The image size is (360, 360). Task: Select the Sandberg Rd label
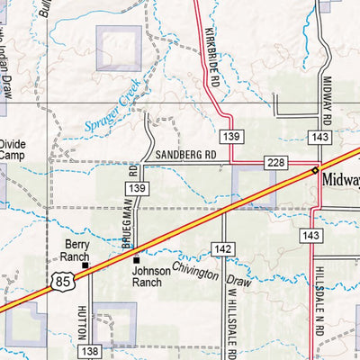[x=186, y=154]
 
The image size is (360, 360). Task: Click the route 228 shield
[x=275, y=161]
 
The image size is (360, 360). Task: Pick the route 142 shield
[x=225, y=247]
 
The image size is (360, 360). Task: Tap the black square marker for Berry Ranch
[x=86, y=265]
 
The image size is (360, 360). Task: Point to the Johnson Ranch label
[x=146, y=275]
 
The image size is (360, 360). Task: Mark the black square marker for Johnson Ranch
[x=137, y=259]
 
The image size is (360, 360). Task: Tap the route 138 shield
[x=90, y=352]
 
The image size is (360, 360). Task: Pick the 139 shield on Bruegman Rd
[x=138, y=187]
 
